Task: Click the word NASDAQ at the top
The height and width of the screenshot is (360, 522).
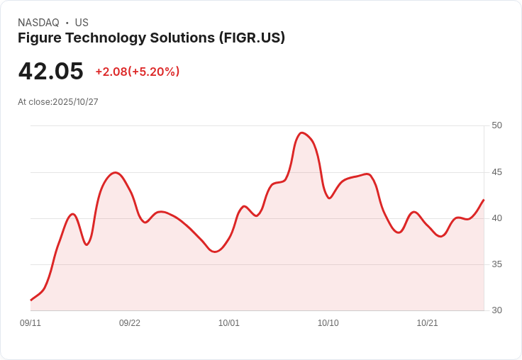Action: (38, 23)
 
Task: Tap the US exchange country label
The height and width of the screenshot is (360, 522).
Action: (82, 23)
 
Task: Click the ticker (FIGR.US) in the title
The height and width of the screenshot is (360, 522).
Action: (252, 38)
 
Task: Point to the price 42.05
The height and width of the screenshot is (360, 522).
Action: (50, 71)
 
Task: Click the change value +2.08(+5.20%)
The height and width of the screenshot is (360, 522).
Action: (138, 72)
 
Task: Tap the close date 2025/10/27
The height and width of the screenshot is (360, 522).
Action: (75, 102)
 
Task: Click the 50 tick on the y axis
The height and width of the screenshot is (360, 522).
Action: (496, 125)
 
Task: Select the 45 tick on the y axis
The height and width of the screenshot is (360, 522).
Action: (496, 172)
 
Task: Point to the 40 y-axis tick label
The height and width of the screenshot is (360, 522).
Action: (496, 218)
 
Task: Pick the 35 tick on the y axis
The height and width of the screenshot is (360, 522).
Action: (496, 264)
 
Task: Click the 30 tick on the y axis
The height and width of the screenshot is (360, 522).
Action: (496, 310)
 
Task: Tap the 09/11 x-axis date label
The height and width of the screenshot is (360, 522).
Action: (30, 323)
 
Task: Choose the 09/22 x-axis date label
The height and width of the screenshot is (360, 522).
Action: (130, 323)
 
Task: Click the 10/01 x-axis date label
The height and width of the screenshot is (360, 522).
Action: (229, 323)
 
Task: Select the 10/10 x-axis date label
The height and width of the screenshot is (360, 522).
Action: (328, 323)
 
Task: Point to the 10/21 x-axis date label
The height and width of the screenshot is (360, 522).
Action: (428, 323)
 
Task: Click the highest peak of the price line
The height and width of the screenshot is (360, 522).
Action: (302, 133)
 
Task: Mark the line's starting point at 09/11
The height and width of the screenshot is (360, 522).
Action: (30, 300)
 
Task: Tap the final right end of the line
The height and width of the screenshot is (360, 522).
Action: (484, 200)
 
